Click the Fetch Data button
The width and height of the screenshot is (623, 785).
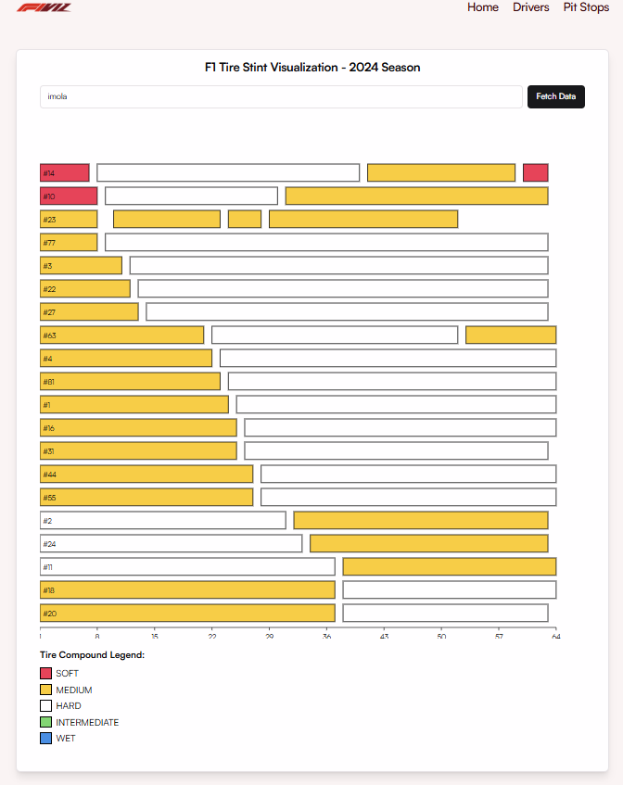tap(555, 96)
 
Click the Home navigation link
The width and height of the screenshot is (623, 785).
tap(483, 7)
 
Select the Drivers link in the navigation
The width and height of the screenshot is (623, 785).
tap(530, 7)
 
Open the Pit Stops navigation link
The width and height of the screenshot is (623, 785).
tap(586, 7)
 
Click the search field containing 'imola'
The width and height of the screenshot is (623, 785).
tap(281, 96)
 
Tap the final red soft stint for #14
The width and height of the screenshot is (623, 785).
tap(535, 172)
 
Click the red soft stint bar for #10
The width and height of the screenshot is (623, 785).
tap(69, 196)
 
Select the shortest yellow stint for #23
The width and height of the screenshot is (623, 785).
tap(245, 219)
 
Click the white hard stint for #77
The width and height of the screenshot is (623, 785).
tap(326, 242)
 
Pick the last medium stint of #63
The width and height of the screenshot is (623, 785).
tap(510, 335)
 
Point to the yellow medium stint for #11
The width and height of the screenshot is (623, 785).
tap(449, 566)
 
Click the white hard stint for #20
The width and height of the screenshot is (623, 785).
tap(445, 613)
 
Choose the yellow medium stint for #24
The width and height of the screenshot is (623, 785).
tap(428, 543)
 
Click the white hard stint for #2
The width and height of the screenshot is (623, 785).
tap(163, 520)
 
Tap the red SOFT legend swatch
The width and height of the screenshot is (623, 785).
tap(45, 673)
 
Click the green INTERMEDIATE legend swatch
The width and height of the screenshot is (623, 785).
tap(45, 722)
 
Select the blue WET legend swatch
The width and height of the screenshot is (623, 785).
tap(45, 739)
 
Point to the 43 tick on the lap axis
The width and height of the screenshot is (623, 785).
tap(384, 636)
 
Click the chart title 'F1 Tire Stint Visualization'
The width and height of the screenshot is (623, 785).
tap(312, 68)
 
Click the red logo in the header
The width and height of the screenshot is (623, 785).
tap(44, 6)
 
